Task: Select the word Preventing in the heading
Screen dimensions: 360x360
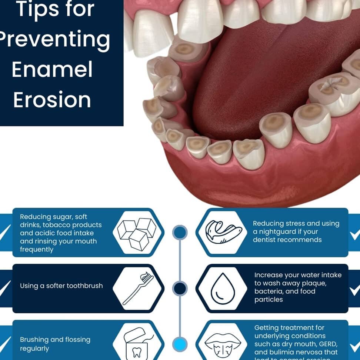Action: click(54, 40)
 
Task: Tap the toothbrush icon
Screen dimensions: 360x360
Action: click(137, 288)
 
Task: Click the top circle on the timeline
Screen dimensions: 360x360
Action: click(180, 232)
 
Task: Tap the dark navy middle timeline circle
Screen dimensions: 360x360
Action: click(180, 288)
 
